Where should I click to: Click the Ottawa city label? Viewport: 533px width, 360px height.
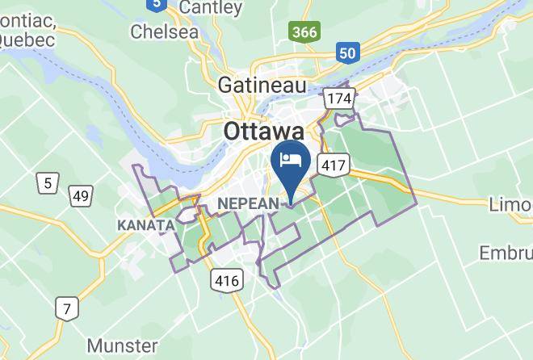pos(263,131)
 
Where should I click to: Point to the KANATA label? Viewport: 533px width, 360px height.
pos(146,224)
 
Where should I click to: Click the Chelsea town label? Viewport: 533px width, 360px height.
pos(165,31)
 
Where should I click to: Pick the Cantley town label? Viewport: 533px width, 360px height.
pos(212,9)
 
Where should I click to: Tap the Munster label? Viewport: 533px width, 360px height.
pos(123,345)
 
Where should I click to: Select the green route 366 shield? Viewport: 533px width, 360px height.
pos(304,32)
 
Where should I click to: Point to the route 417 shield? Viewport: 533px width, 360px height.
pos(334,165)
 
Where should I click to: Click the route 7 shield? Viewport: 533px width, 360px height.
pos(66,308)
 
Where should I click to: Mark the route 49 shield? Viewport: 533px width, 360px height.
pos(80,196)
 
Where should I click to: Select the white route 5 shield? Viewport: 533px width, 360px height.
pos(48,183)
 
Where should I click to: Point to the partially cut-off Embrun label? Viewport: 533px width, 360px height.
pos(507,253)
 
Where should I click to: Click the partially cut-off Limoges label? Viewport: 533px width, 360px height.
pos(510,205)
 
